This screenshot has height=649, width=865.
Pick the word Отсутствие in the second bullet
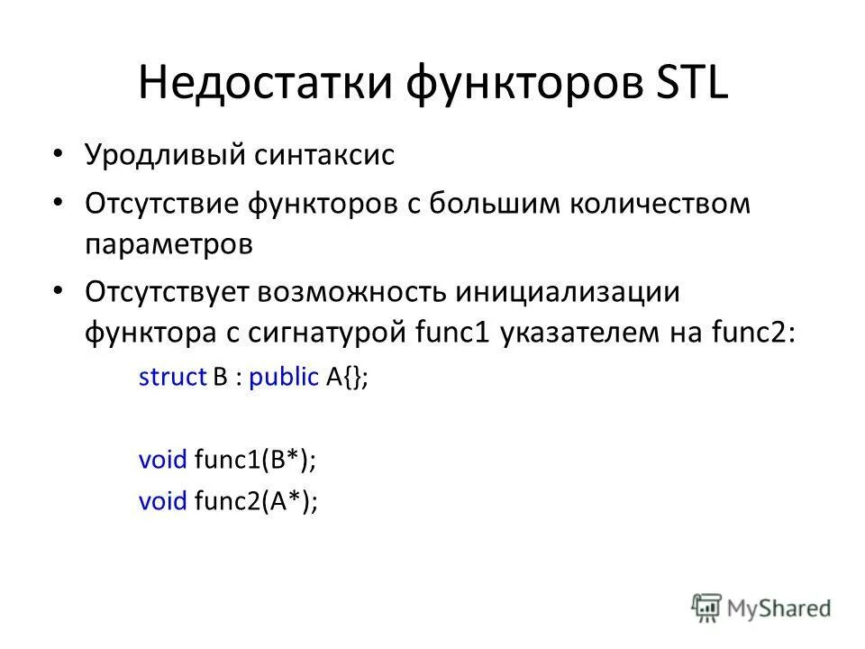tap(163, 205)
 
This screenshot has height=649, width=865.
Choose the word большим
tap(491, 205)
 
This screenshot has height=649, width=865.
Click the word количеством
tap(660, 205)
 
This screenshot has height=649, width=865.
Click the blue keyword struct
tap(173, 378)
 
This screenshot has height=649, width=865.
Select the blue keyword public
tap(283, 378)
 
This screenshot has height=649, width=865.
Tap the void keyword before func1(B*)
tap(162, 462)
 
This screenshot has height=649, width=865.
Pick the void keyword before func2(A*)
tap(162, 501)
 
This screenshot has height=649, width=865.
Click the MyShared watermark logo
tap(761, 608)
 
